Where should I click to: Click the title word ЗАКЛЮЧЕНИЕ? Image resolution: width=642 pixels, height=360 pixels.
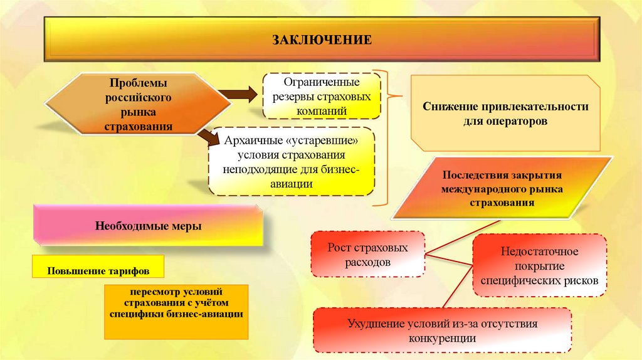click(x=322, y=40)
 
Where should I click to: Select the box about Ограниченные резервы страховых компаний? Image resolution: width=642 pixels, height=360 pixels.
click(x=322, y=96)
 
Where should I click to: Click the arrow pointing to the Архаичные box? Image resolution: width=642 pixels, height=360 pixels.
click(x=206, y=135)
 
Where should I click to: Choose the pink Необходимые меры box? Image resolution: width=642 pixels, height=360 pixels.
click(x=149, y=226)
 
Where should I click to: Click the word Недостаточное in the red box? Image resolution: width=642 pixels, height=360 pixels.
click(x=539, y=251)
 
